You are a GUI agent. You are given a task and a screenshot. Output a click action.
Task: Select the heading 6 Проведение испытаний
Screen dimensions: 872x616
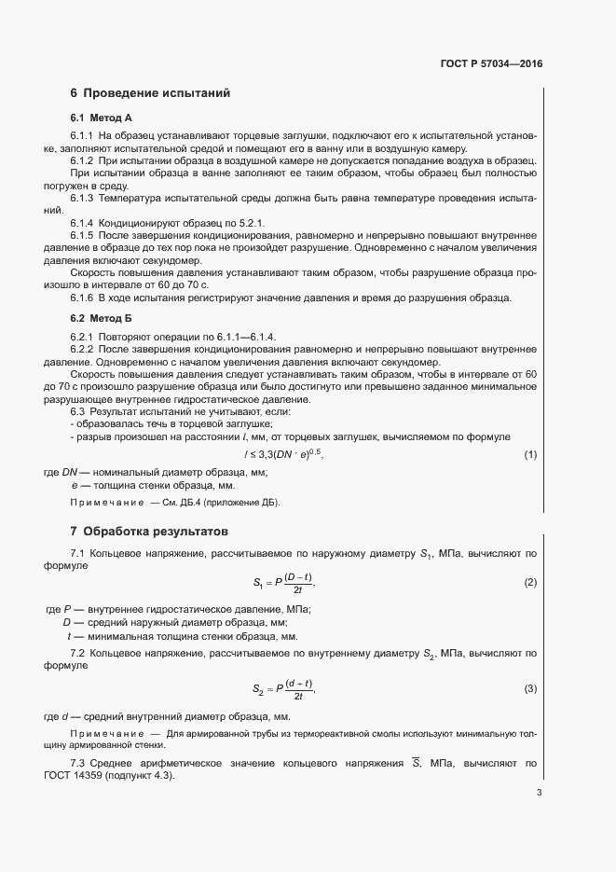(x=149, y=93)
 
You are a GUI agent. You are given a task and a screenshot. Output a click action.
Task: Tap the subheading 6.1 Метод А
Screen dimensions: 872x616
(x=102, y=118)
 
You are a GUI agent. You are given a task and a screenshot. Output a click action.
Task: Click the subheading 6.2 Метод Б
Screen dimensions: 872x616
(x=102, y=318)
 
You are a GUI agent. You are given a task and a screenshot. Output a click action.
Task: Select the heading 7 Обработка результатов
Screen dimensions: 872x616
(x=148, y=532)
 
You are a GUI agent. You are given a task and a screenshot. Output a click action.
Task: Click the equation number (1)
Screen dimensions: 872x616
(x=530, y=454)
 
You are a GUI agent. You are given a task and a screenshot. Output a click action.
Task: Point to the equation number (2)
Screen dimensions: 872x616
(x=530, y=583)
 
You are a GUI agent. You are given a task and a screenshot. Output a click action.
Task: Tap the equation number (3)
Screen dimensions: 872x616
(x=530, y=689)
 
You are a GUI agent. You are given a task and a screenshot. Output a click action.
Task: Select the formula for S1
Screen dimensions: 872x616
(x=284, y=583)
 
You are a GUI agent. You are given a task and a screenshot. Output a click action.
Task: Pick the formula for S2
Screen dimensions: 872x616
(x=284, y=689)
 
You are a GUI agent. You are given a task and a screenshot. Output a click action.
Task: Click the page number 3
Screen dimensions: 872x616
(x=539, y=794)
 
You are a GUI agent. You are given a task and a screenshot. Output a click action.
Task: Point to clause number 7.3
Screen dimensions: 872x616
(x=78, y=763)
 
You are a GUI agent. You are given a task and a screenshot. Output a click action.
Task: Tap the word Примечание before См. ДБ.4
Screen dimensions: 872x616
(x=107, y=504)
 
